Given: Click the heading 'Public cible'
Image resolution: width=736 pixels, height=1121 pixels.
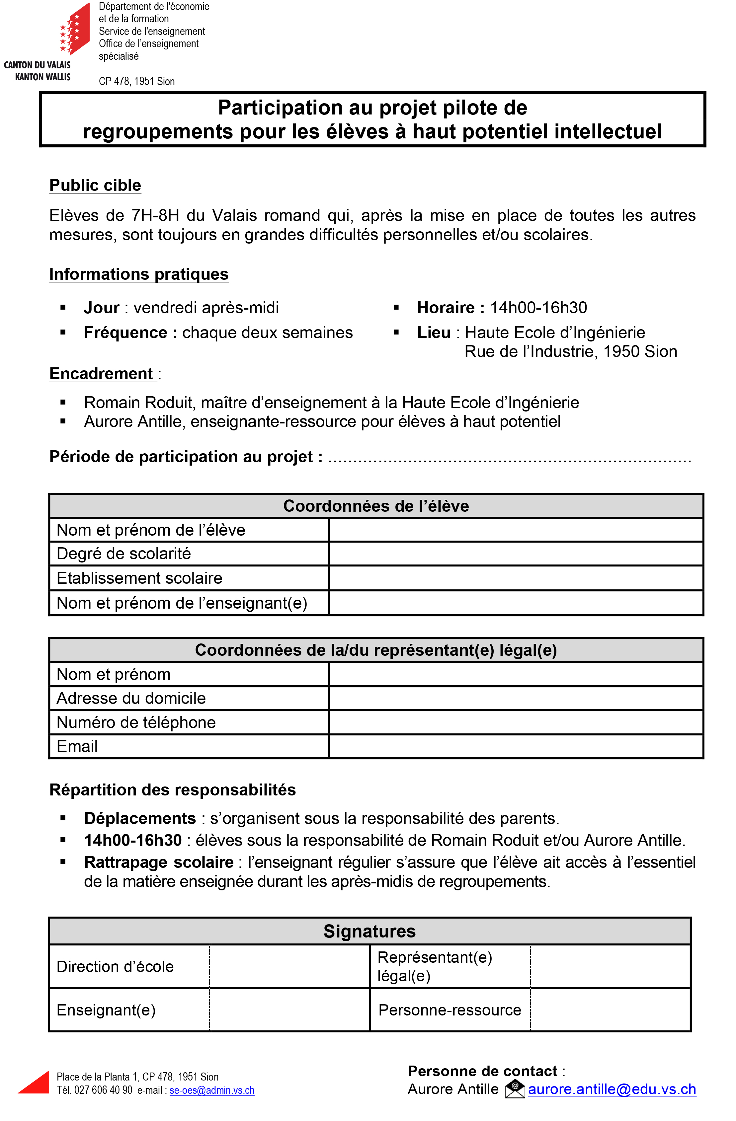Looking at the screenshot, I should (95, 185).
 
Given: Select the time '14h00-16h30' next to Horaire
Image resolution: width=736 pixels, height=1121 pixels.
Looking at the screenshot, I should (538, 308).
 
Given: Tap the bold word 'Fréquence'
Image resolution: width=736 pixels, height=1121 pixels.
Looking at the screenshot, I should (125, 333).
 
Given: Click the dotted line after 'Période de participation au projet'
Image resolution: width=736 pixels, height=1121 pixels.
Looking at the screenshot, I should (509, 458).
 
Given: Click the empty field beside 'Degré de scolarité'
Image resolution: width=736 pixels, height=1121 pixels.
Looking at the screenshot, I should (516, 554).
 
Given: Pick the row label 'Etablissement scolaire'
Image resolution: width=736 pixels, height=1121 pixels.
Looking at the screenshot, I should (139, 578).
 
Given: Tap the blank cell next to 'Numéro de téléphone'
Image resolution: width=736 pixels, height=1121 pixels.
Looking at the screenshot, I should (516, 722).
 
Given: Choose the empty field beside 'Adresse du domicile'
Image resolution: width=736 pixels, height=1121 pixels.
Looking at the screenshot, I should (516, 698).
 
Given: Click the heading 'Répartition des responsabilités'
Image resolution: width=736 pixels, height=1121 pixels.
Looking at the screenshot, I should (172, 789).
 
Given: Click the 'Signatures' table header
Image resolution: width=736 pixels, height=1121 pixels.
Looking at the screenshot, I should (369, 931).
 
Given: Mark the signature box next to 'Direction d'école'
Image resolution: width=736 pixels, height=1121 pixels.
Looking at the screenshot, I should (289, 966).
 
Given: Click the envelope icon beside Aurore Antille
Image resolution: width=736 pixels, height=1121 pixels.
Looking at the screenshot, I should (515, 1088).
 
